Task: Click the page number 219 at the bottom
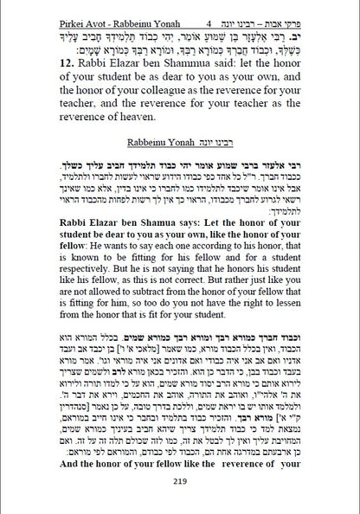(180, 482)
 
